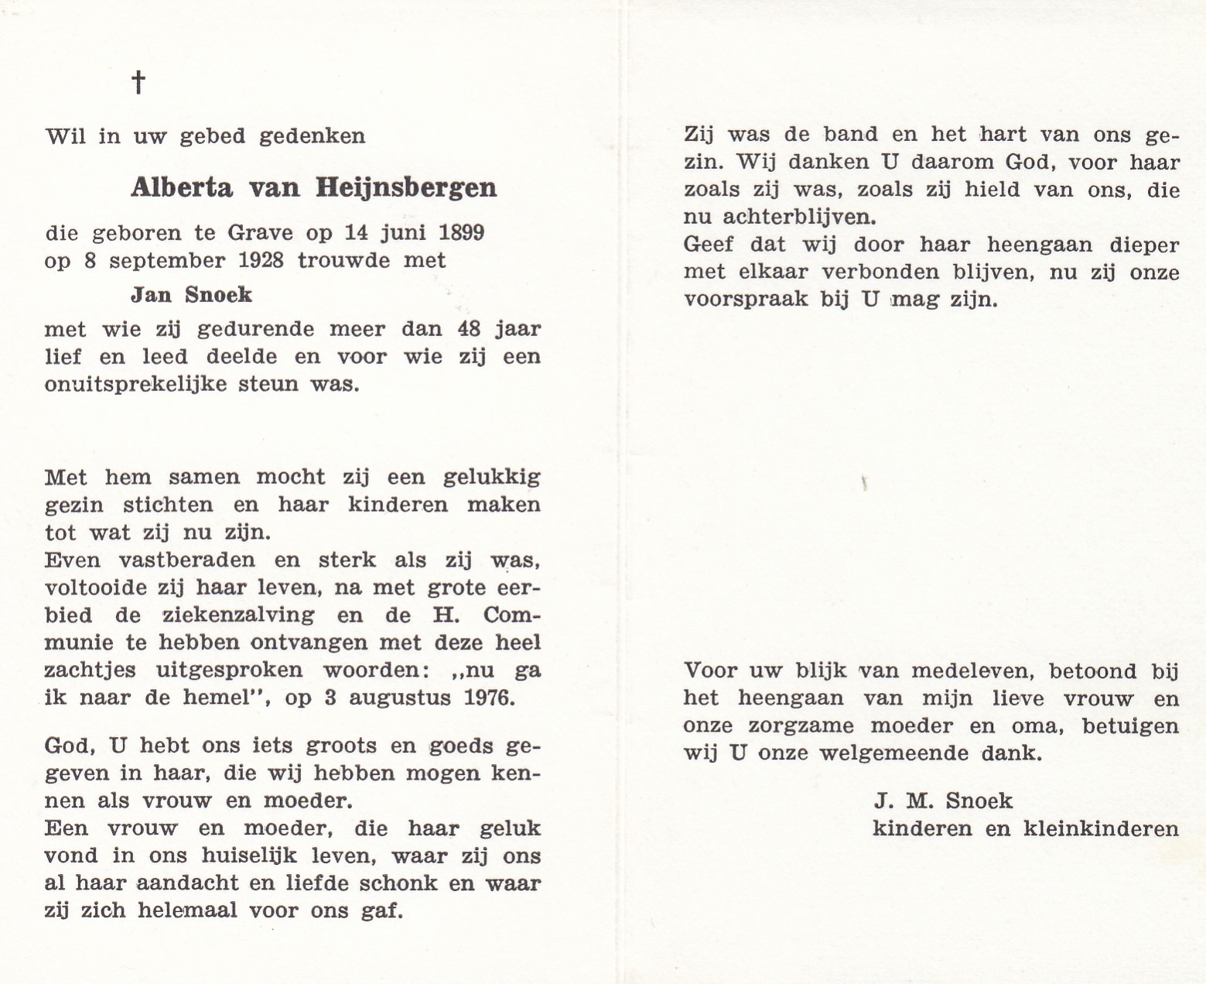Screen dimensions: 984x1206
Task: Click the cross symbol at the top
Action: point(138,81)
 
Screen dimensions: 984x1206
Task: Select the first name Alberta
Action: point(181,188)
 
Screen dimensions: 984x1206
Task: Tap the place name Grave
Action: point(261,233)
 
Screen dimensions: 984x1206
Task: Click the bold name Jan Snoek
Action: point(191,295)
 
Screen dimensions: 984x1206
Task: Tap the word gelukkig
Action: point(491,477)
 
